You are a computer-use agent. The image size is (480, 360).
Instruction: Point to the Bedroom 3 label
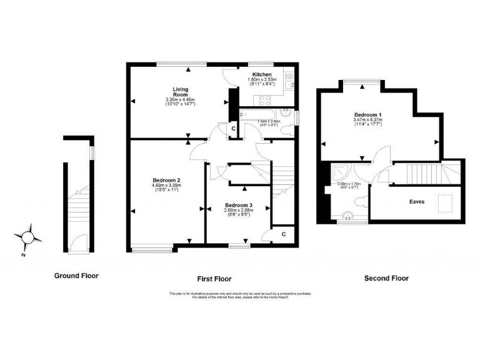[x=238, y=205]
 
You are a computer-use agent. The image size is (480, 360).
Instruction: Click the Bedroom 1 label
[x=368, y=116]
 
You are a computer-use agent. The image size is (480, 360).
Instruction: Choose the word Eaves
[x=417, y=202]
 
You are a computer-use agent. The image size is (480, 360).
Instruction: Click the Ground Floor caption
[x=76, y=276]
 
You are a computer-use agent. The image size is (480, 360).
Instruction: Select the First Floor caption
[x=214, y=278]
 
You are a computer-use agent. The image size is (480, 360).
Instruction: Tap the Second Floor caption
[x=387, y=278]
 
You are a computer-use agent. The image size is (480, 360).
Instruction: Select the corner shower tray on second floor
[x=342, y=171]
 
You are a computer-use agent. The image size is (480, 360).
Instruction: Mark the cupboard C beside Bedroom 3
[x=283, y=234]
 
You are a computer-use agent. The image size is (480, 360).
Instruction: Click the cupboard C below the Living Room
[x=232, y=129]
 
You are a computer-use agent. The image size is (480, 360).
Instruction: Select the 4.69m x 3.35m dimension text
[x=166, y=185]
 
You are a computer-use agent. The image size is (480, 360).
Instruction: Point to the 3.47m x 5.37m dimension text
[x=368, y=122]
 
